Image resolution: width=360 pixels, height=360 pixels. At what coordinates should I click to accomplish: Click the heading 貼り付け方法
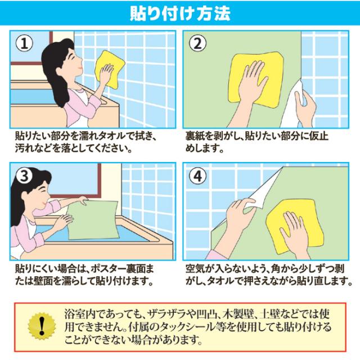pos(180,12)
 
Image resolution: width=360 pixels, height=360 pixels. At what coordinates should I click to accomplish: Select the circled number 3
pos(24,177)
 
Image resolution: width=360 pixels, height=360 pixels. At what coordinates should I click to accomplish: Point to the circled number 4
pos(198,177)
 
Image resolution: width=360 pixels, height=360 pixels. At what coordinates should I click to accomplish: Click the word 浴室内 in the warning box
pos(79,313)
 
